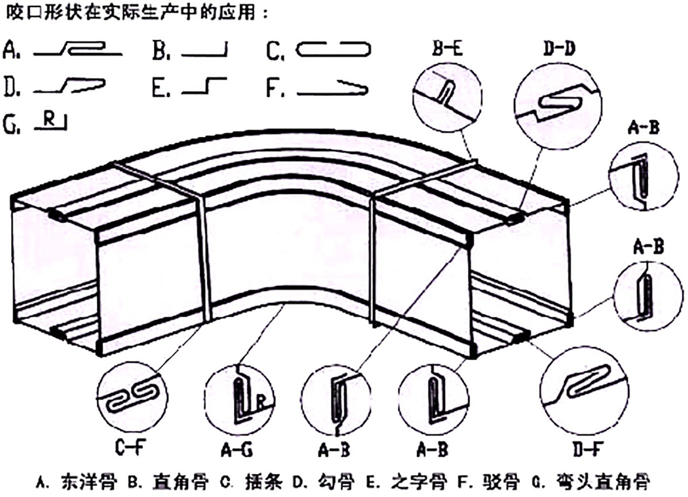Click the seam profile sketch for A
click(78, 51)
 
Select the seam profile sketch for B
click(205, 52)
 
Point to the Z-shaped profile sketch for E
click(204, 87)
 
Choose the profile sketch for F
click(333, 87)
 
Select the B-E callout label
click(447, 50)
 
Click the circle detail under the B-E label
click(447, 91)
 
